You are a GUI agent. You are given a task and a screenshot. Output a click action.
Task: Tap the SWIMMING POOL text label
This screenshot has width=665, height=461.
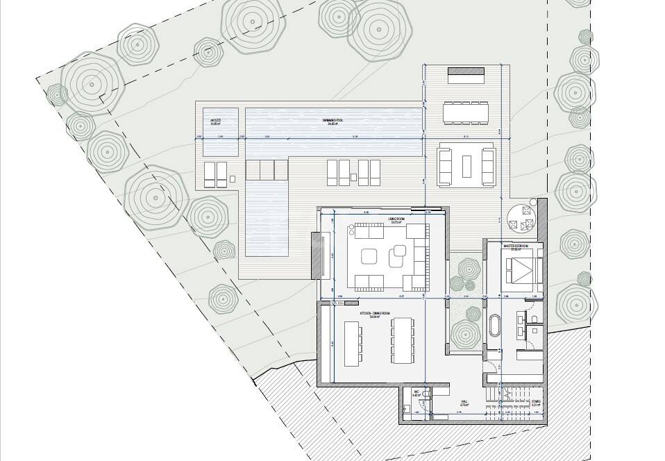tap(334, 121)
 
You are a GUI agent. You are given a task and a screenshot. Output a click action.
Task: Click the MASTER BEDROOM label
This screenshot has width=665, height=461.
tap(516, 246)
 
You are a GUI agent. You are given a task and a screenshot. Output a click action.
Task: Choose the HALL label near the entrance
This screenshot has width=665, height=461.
tap(464, 401)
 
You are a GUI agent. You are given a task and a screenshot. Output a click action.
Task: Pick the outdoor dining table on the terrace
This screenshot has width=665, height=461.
tap(466, 111)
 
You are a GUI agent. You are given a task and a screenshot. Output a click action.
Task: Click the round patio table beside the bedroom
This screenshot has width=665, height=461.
tap(521, 217)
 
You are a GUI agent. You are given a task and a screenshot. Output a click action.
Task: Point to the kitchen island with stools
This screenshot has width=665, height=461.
tap(352, 342)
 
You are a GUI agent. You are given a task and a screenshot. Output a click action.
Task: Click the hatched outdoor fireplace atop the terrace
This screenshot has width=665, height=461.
tap(466, 73)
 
